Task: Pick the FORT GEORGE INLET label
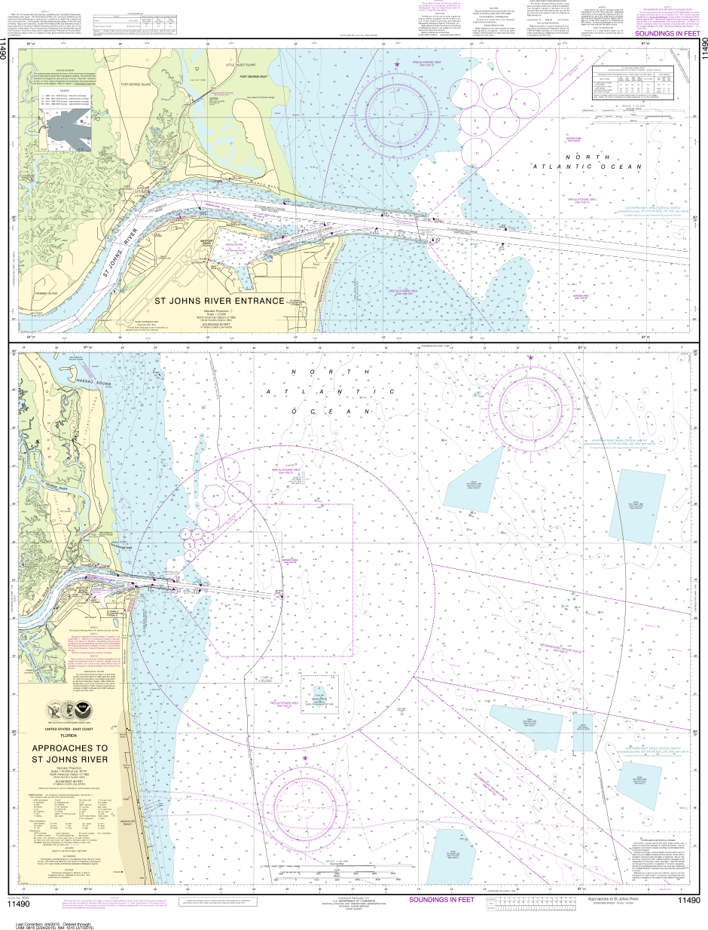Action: pyautogui.click(x=256, y=76)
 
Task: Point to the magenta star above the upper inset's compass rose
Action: pyautogui.click(x=396, y=65)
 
